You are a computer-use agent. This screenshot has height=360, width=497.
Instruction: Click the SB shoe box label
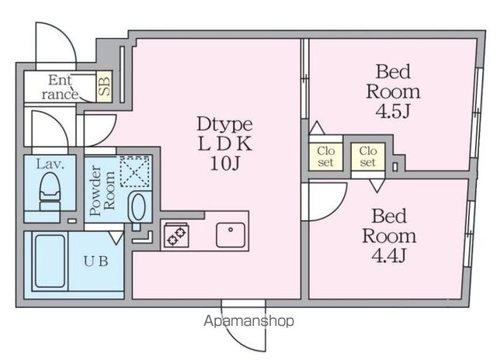(x=104, y=86)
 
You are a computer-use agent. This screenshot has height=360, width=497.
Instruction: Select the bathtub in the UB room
(x=50, y=261)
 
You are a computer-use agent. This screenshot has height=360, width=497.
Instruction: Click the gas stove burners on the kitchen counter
(x=176, y=235)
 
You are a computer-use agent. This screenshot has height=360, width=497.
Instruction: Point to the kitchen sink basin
(x=231, y=235)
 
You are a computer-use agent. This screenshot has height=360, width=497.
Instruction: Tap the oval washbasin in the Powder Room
(x=138, y=207)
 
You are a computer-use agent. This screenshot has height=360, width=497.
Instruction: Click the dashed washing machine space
(x=134, y=171)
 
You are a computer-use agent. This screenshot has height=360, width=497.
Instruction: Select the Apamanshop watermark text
(x=248, y=321)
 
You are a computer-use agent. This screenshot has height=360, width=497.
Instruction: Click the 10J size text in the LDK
(x=224, y=164)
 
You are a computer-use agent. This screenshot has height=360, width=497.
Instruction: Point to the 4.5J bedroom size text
(x=393, y=111)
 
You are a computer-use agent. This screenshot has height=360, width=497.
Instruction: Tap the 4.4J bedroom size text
(x=388, y=255)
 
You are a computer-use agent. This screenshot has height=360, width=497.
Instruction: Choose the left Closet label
(x=325, y=157)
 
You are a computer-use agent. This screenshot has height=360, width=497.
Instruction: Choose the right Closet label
(x=367, y=157)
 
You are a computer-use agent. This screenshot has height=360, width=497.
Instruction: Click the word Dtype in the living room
(x=224, y=125)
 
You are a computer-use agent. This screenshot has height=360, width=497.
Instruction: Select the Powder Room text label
(x=102, y=191)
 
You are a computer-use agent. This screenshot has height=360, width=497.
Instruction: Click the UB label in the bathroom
(x=96, y=261)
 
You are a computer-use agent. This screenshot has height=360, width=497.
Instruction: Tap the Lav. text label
(x=50, y=164)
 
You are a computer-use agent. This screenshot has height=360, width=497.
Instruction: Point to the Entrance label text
(x=60, y=87)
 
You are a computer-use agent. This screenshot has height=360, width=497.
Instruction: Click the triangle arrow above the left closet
(x=317, y=127)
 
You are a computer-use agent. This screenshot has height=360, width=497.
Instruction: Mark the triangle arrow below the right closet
(x=377, y=186)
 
